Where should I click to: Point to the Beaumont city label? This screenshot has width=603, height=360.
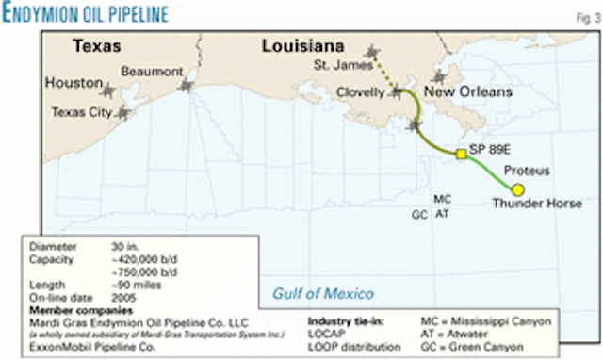(x=152, y=71)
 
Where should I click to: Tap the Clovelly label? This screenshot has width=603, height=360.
(x=362, y=92)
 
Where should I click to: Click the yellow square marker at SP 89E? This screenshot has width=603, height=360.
(x=461, y=155)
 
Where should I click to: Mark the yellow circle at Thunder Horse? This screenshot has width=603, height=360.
(x=518, y=189)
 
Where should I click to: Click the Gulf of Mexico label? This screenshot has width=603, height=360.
(x=323, y=293)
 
